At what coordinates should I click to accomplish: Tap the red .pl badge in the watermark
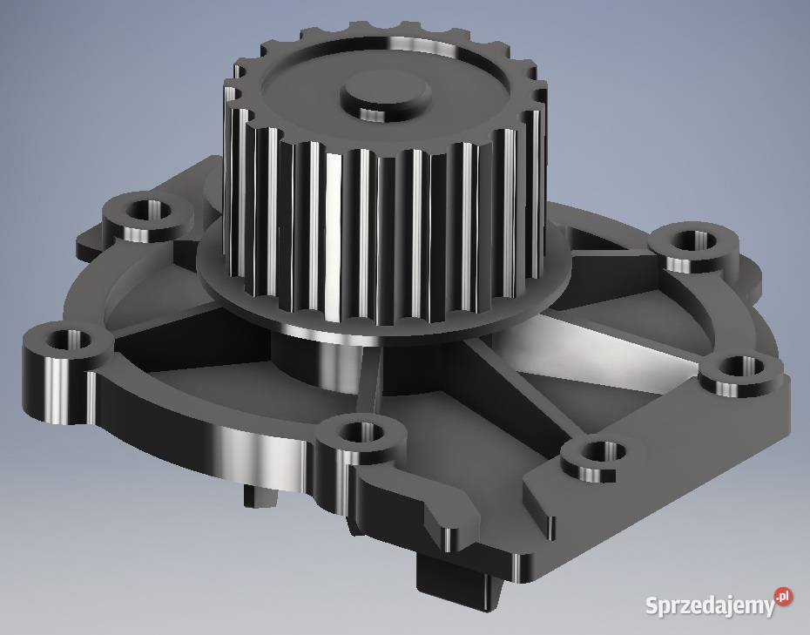pyautogui.click(x=784, y=596)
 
